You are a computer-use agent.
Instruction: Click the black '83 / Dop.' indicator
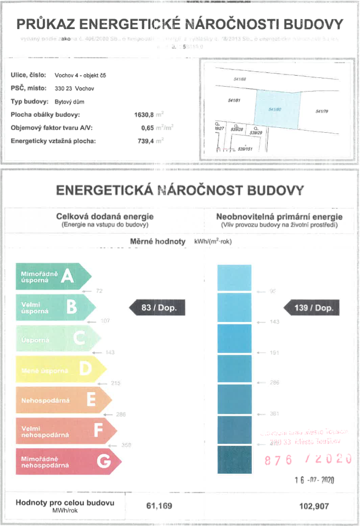click(x=157, y=308)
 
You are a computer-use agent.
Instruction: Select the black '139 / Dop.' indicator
click(x=312, y=308)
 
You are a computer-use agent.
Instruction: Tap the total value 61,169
click(x=159, y=506)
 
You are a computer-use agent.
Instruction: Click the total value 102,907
click(x=314, y=506)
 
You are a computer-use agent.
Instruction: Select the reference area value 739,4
click(x=147, y=141)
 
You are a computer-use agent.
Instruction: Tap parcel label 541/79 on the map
click(x=323, y=111)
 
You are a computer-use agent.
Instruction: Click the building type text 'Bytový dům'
click(x=70, y=102)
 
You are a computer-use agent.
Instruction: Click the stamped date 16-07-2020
click(x=314, y=480)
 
